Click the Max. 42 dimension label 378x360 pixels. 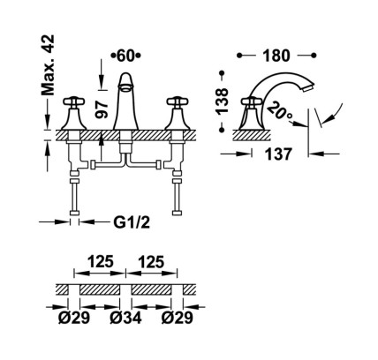coord(48,65)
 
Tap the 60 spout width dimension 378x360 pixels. coord(125,56)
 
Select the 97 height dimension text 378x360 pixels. coord(102,109)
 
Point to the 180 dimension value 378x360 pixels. coord(276,56)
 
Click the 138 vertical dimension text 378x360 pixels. coord(222,101)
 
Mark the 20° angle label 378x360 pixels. coord(279,110)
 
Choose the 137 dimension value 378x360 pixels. coord(278,154)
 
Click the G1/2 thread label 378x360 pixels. coord(132,222)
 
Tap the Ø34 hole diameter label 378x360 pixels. coord(125,318)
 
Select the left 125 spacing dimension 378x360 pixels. coord(100,262)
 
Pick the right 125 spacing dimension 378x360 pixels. coord(151,262)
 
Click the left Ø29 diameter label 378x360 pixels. coord(74,318)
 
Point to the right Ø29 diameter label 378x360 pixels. coord(178,318)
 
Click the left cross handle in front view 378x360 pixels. coord(74,101)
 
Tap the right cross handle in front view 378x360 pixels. coord(178,101)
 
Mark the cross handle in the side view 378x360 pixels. coord(251,102)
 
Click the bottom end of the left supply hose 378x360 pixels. coord(74,214)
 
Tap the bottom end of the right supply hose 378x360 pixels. coord(178,214)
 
